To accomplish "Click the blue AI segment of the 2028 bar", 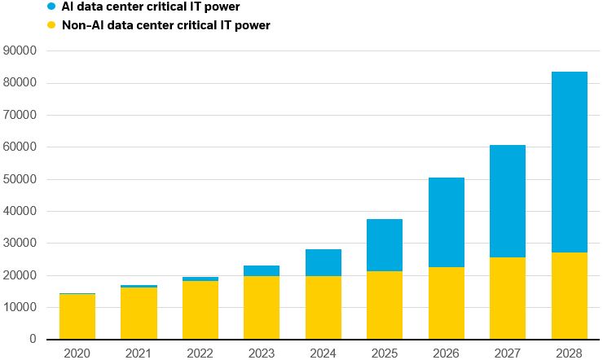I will tap(569, 162).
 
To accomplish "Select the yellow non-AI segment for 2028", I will tap(569, 296).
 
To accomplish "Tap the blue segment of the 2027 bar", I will tap(508, 201).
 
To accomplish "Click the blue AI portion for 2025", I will tap(385, 245).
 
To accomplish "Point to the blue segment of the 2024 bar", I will tap(324, 262).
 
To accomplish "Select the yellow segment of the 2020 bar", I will tap(77, 317).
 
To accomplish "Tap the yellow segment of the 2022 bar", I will tap(200, 310).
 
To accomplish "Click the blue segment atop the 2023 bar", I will tap(262, 270).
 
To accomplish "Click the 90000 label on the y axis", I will tap(21, 50).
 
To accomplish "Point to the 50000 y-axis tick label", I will tap(21, 179).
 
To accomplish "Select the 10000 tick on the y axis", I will tap(21, 307).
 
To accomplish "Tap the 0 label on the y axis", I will tap(33, 339).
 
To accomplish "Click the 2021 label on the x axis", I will tap(139, 353).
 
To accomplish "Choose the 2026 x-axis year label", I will tap(446, 353).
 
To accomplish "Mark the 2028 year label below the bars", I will tap(569, 353).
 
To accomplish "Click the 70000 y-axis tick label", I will tap(21, 115).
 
